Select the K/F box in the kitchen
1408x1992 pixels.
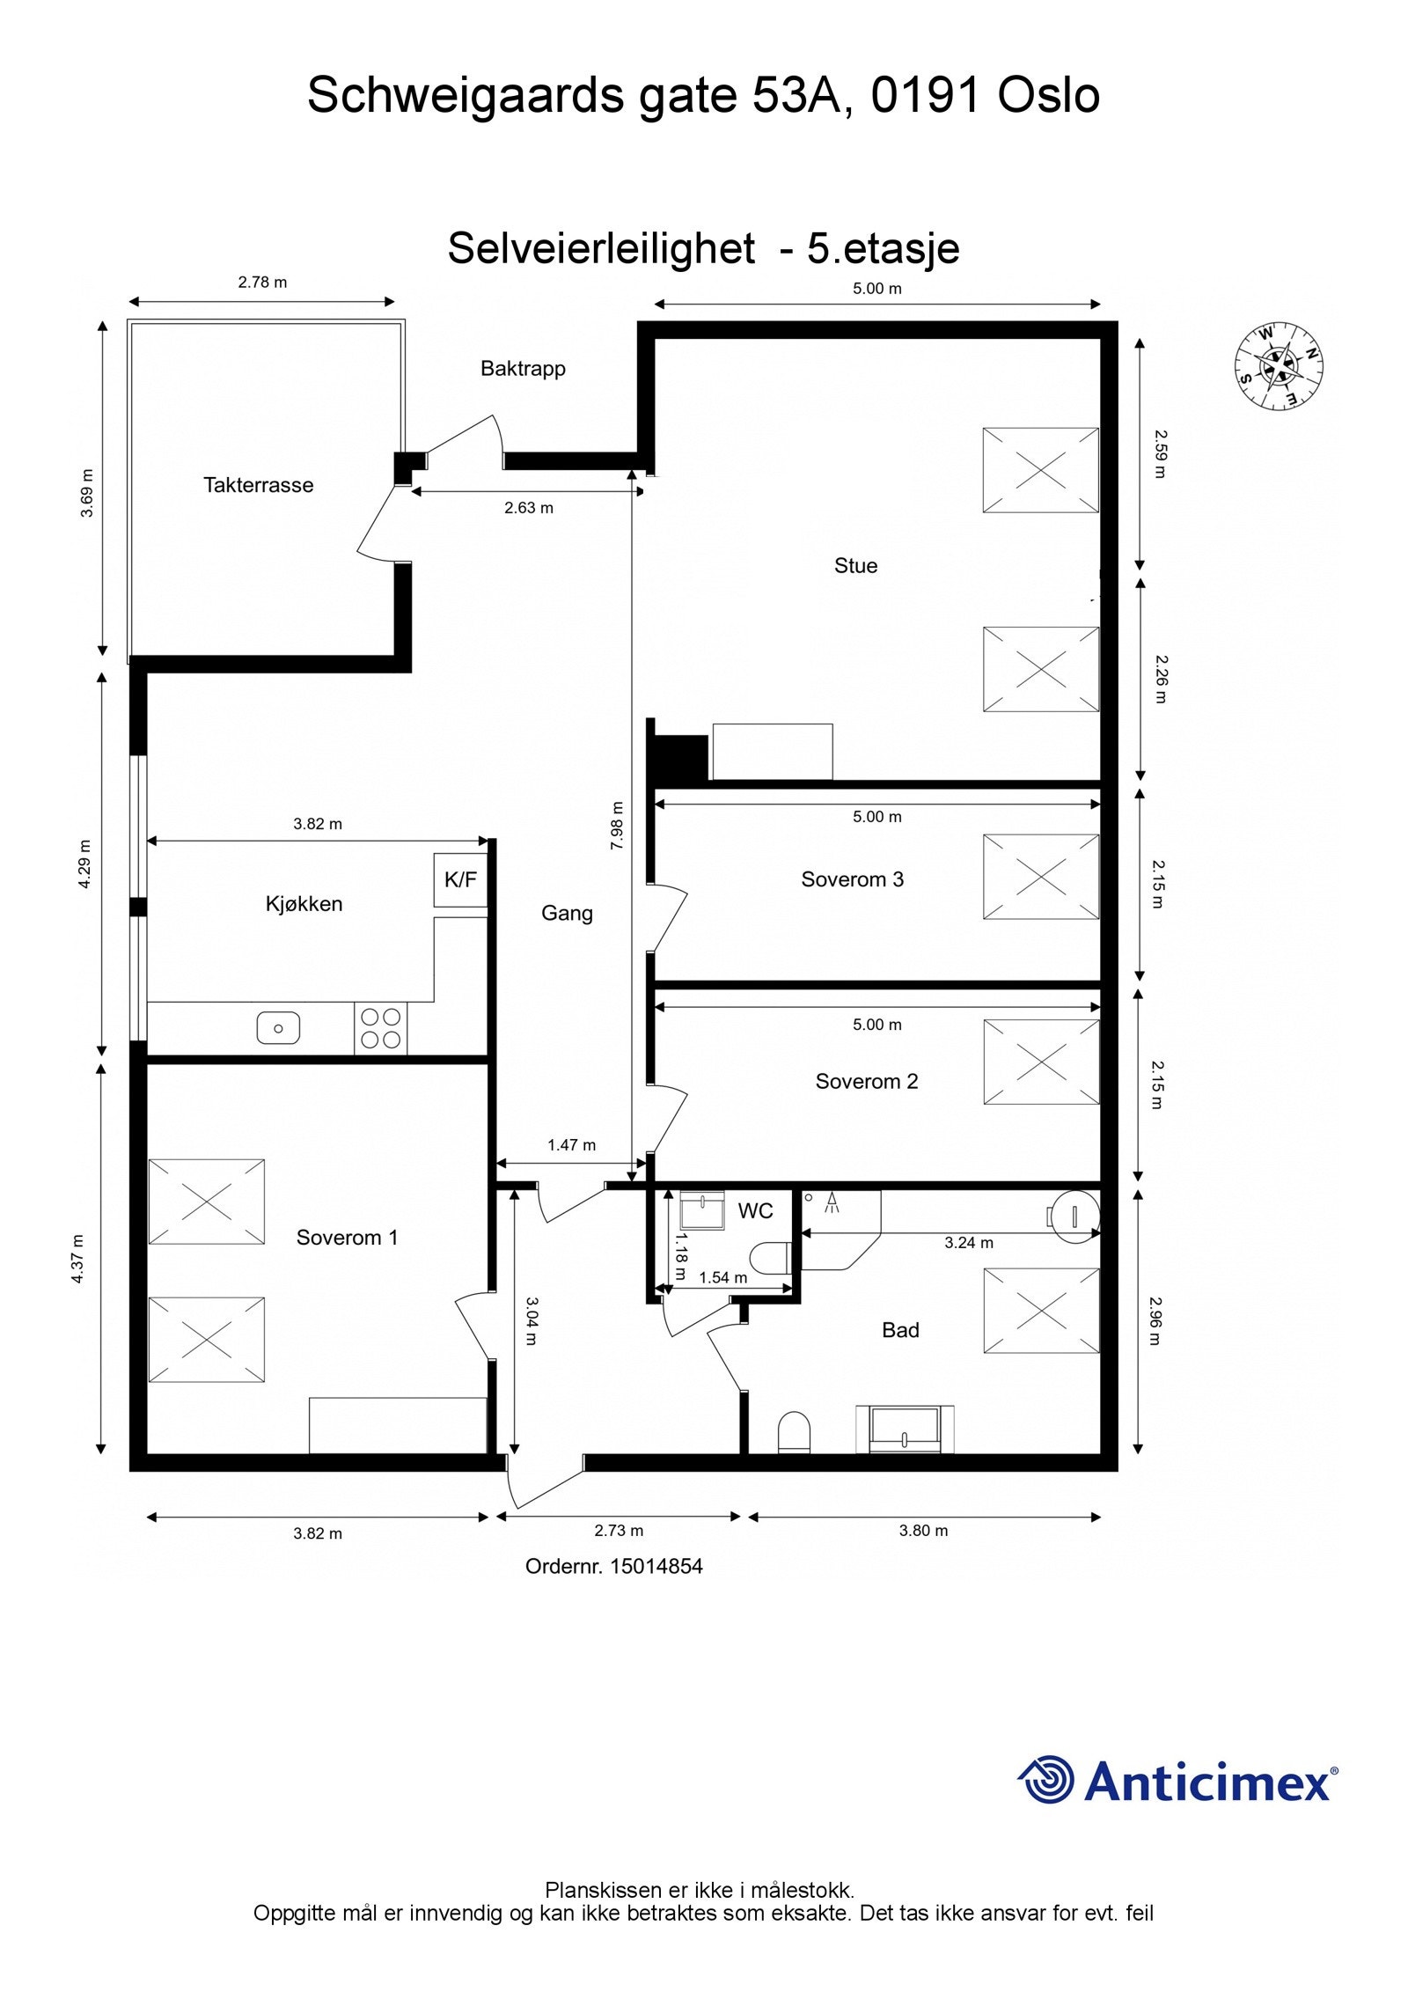click(x=460, y=879)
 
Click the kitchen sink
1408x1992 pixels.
click(x=278, y=1027)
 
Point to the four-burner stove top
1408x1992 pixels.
click(x=381, y=1028)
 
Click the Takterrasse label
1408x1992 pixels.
click(x=258, y=485)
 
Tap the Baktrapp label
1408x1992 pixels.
click(x=523, y=369)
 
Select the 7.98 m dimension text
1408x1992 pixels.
click(x=617, y=825)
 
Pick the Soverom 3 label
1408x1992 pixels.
click(x=852, y=879)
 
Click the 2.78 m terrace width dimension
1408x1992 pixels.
click(x=262, y=283)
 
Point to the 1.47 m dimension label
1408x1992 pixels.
click(x=571, y=1145)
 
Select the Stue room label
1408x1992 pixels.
click(x=855, y=566)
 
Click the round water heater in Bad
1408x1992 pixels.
click(x=1075, y=1216)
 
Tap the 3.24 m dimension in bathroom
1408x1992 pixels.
click(x=969, y=1243)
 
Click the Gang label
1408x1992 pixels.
click(x=567, y=914)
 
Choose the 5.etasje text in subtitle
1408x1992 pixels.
click(x=883, y=248)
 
